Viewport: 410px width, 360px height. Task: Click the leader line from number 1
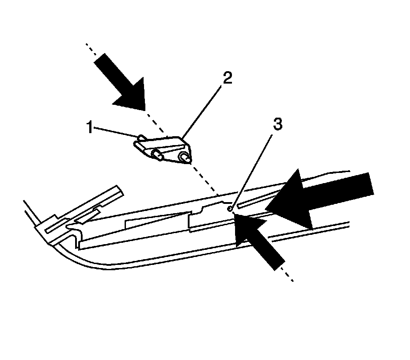point(115,132)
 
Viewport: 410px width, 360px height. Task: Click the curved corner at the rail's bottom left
point(66,252)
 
